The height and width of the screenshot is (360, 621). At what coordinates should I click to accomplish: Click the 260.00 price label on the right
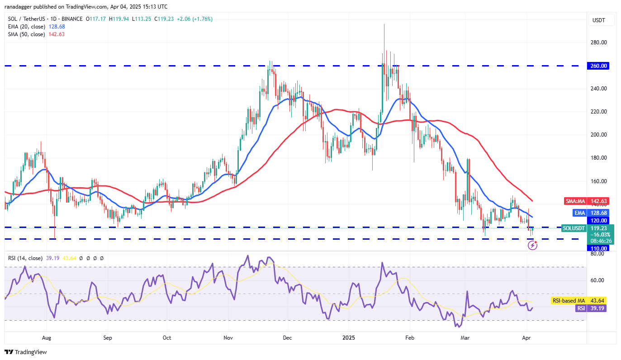[x=598, y=66]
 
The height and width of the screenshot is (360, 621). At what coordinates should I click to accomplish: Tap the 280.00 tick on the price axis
[x=598, y=43]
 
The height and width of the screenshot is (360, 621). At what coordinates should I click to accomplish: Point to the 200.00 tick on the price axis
[x=598, y=135]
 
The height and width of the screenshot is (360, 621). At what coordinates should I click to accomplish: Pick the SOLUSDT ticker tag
[x=573, y=228]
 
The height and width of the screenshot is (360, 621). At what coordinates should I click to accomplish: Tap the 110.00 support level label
[x=598, y=248]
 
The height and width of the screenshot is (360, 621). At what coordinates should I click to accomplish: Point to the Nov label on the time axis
[x=228, y=337]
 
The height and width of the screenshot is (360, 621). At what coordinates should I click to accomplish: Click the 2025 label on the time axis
[x=349, y=337]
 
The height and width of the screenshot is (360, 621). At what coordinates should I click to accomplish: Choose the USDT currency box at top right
[x=598, y=20]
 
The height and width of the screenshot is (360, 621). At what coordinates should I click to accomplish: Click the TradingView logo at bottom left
[x=26, y=352]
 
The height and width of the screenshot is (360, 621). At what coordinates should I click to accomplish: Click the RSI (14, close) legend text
[x=25, y=258]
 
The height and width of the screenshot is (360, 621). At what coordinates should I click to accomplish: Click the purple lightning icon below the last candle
[x=532, y=246]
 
